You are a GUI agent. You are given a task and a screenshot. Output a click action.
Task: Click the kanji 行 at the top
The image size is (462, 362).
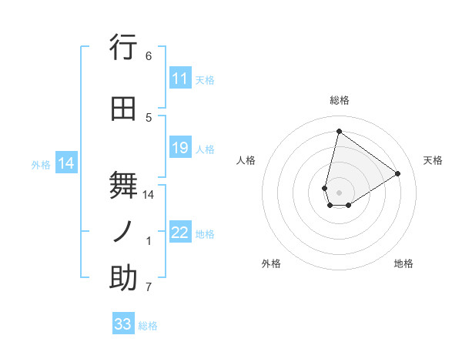pyautogui.click(x=123, y=49)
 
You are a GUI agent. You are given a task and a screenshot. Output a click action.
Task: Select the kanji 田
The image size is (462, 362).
pyautogui.click(x=123, y=109)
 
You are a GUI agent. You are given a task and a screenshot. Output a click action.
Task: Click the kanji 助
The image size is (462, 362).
pyautogui.click(x=123, y=278)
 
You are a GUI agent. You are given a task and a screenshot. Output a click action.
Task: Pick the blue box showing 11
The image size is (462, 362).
pyautogui.click(x=180, y=79)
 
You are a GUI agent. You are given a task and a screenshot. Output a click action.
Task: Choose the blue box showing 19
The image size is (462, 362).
pyautogui.click(x=180, y=148)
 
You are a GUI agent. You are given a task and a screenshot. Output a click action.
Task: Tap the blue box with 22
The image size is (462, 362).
pyautogui.click(x=180, y=233)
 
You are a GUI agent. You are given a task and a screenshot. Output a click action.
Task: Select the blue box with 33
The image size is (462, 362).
pyautogui.click(x=122, y=324)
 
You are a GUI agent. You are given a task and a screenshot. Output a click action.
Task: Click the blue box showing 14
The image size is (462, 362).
pyautogui.click(x=66, y=163)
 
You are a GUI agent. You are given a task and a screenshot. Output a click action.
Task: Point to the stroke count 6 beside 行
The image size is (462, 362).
pyautogui.click(x=149, y=55)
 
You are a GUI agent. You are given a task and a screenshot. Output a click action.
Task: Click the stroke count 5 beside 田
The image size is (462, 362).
pyautogui.click(x=149, y=117)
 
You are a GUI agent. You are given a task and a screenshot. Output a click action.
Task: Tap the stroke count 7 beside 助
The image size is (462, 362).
pyautogui.click(x=149, y=287)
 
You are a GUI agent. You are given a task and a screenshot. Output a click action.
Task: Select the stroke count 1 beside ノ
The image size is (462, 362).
pyautogui.click(x=149, y=241)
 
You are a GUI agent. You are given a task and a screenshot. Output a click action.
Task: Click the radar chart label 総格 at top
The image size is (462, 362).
pyautogui.click(x=339, y=100)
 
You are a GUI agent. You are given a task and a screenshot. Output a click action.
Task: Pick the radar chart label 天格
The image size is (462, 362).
pyautogui.click(x=433, y=160)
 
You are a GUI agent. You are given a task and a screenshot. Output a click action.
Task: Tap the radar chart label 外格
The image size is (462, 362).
pyautogui.click(x=271, y=263)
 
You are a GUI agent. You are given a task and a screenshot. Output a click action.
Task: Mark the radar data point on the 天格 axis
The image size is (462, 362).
pyautogui.click(x=397, y=173)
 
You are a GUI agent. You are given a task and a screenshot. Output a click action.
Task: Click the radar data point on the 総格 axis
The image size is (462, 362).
pyautogui.click(x=339, y=131)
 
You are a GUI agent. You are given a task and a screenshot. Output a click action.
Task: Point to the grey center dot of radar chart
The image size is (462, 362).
pyautogui.click(x=339, y=192)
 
